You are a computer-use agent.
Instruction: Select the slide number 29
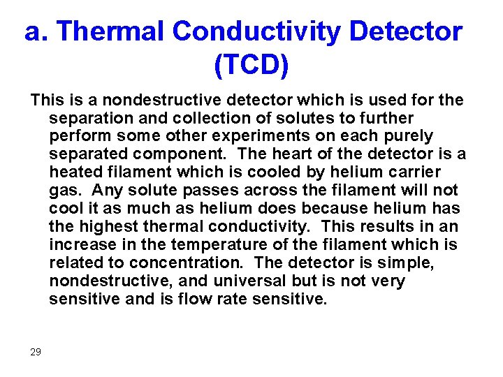tap(36, 352)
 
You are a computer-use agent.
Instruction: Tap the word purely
tap(409, 135)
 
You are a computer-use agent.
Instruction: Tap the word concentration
tap(179, 263)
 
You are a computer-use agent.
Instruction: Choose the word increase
tap(79, 244)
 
